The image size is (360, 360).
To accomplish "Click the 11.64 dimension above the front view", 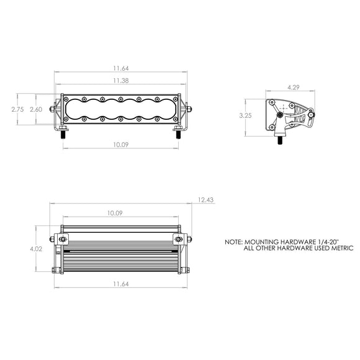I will click(x=121, y=69).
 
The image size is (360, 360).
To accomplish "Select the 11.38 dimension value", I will click(x=121, y=81).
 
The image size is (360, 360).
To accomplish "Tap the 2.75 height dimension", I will click(x=18, y=109).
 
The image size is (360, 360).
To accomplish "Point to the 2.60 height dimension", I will click(x=36, y=109).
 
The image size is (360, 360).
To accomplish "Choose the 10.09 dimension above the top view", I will click(x=114, y=213).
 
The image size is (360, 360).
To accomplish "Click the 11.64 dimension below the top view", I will click(x=121, y=284).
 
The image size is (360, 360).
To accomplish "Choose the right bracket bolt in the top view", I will click(x=179, y=239).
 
